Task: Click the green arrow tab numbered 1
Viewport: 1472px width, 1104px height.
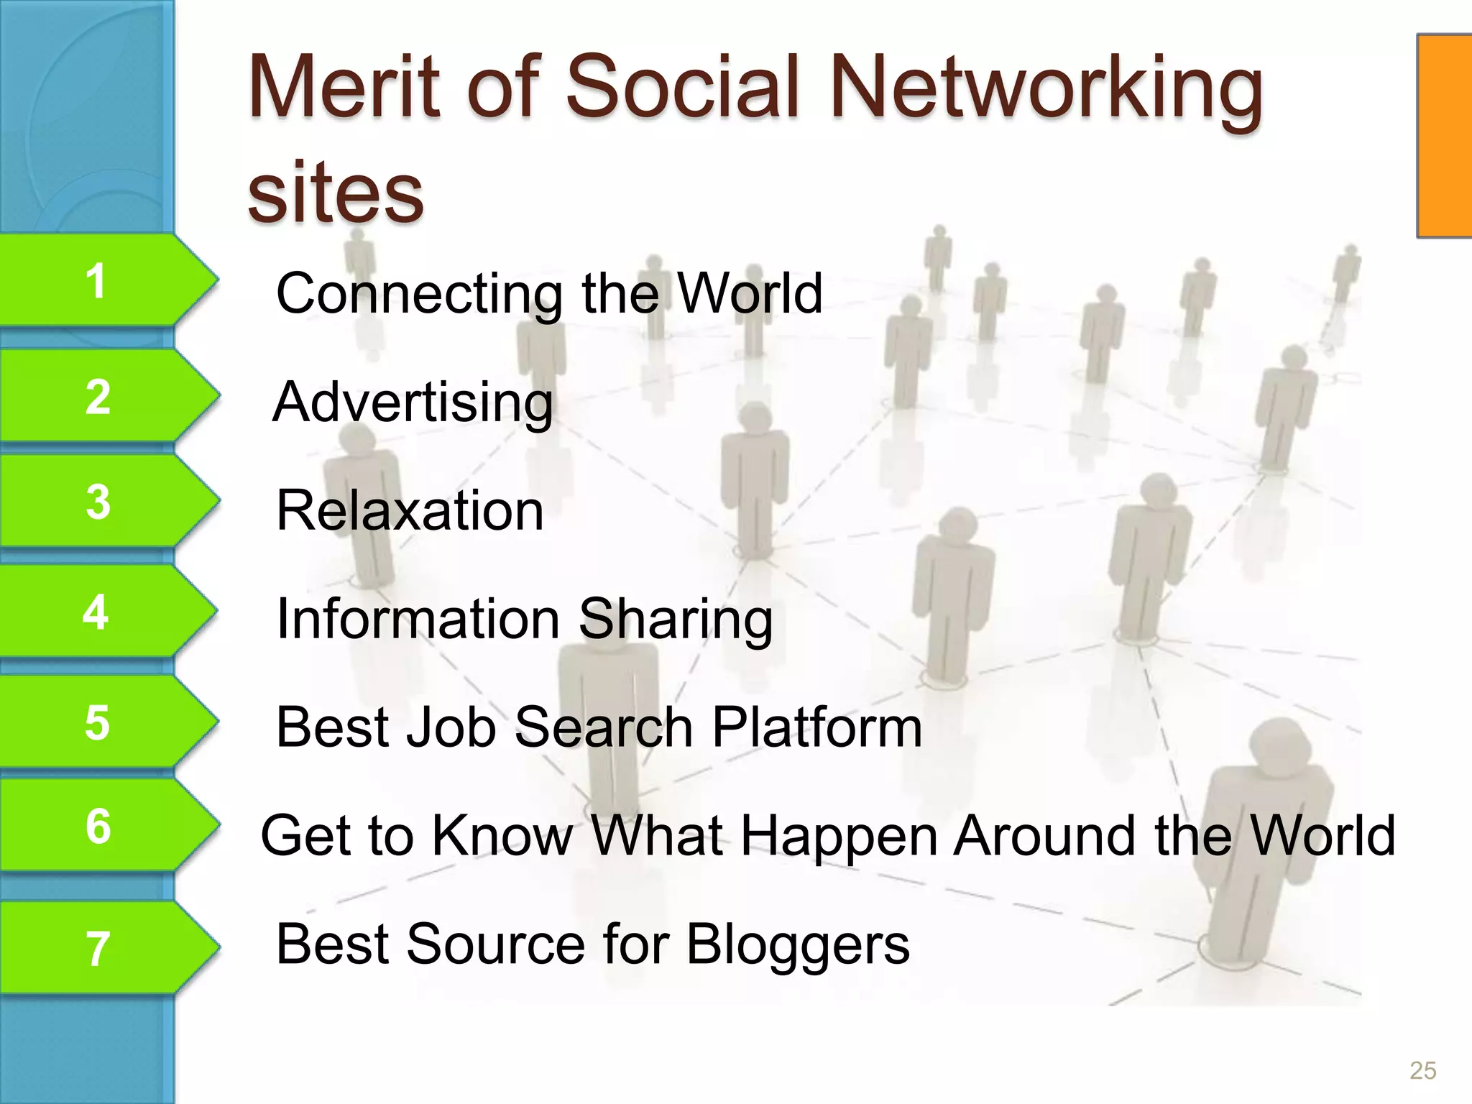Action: coord(101,280)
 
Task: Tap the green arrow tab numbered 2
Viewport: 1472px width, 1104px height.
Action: coord(101,396)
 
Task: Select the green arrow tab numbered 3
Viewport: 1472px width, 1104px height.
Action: coord(101,502)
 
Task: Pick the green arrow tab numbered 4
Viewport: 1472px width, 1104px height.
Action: coord(101,612)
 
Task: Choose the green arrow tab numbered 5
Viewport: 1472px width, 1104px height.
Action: coord(101,722)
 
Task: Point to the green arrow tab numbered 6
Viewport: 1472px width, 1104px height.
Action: coord(101,826)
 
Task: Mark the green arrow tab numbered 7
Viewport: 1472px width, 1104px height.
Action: coord(101,948)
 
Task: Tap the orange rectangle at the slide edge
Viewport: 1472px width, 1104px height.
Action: coord(1445,135)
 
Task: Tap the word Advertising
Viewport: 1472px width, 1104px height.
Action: coord(413,402)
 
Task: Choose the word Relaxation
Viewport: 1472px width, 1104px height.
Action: coord(410,510)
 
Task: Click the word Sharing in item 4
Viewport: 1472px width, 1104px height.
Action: coord(676,620)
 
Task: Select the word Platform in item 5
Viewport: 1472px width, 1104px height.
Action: coord(816,727)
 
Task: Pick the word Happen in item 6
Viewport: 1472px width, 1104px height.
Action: coord(839,837)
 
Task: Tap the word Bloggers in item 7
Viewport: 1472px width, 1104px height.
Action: coord(798,944)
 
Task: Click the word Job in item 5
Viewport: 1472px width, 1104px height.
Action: coord(451,727)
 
